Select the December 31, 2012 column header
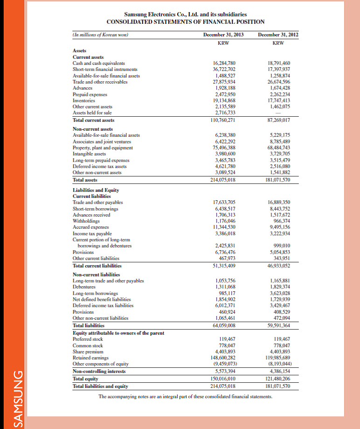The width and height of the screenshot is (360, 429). coord(278,35)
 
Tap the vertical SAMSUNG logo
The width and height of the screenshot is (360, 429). coord(17,399)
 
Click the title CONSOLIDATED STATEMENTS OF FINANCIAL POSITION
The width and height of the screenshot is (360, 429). coord(186,21)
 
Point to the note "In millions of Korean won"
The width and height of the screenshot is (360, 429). coord(101,35)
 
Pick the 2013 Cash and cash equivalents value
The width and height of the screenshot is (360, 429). coord(224,63)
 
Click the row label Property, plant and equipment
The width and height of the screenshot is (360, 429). coord(103,148)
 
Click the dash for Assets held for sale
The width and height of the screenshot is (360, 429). coord(279,113)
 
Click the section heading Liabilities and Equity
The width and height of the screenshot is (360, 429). coord(96,190)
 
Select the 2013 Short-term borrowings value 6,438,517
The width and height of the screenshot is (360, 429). coord(224,209)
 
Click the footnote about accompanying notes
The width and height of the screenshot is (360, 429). coord(185,396)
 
